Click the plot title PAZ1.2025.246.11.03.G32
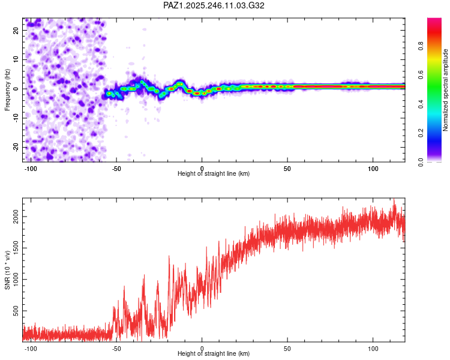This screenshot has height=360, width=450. point(214,5)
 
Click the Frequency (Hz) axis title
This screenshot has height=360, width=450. point(7,90)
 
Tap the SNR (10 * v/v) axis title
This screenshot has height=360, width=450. point(7,270)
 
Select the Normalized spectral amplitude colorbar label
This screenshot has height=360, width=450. point(445,90)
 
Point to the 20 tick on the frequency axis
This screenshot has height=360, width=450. point(16,30)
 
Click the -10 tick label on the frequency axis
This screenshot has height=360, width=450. point(16,118)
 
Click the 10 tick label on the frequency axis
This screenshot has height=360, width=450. point(16,59)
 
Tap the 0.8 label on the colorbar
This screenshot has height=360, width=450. point(421,46)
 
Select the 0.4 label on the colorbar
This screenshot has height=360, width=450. point(421,104)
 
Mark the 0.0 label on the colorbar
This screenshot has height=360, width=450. point(421,162)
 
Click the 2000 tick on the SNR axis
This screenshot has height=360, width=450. point(16,217)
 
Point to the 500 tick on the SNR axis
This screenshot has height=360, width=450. point(16,311)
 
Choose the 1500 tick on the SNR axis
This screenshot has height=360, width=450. point(16,248)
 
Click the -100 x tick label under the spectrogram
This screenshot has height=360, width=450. point(31,169)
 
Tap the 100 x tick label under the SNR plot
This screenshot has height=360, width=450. point(373,349)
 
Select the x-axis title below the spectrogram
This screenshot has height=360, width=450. point(214,173)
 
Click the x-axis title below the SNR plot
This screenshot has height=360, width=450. point(214,353)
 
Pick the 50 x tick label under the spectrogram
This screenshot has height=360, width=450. point(287,169)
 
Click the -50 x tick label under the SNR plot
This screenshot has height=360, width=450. point(116,349)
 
